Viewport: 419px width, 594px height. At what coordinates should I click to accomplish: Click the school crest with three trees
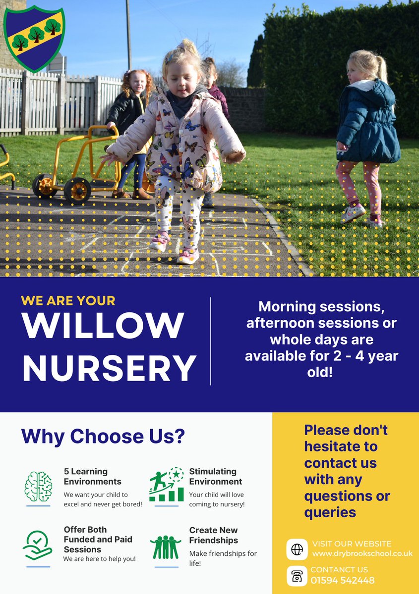pyautogui.click(x=34, y=38)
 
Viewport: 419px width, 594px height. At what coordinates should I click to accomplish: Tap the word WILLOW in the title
pyautogui.click(x=103, y=326)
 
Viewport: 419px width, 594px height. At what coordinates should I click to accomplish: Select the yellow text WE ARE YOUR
pyautogui.click(x=68, y=300)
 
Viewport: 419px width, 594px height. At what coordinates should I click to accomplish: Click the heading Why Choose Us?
pyautogui.click(x=103, y=436)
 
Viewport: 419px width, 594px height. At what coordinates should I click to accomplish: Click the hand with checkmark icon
pyautogui.click(x=38, y=545)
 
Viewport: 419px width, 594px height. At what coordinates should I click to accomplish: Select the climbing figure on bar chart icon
pyautogui.click(x=167, y=485)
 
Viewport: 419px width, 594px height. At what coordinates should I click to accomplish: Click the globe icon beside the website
pyautogui.click(x=297, y=549)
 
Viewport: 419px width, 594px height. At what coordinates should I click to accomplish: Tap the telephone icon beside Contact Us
pyautogui.click(x=297, y=576)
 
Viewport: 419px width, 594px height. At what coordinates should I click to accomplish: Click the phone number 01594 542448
pyautogui.click(x=343, y=580)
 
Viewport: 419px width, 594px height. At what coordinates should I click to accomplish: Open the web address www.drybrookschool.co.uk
pyautogui.click(x=362, y=553)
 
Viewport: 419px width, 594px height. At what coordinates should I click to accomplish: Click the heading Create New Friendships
pyautogui.click(x=214, y=535)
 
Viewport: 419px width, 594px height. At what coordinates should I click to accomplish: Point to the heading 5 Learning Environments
pyautogui.click(x=93, y=476)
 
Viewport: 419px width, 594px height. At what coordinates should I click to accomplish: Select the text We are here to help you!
pyautogui.click(x=99, y=559)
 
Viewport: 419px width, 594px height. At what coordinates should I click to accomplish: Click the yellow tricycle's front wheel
pyautogui.click(x=77, y=190)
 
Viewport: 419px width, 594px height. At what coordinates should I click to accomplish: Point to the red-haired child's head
pyautogui.click(x=138, y=82)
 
